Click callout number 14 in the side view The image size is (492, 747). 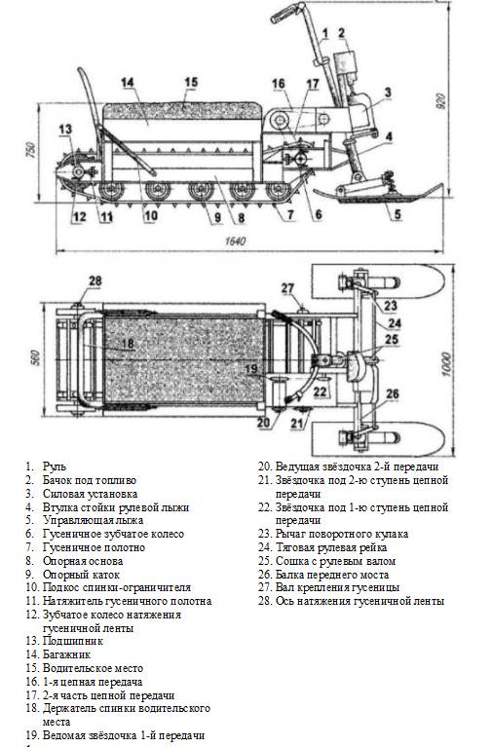click(128, 83)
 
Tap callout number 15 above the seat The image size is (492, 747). click(191, 82)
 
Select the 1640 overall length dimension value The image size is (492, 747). click(235, 242)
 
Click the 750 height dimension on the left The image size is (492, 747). click(30, 151)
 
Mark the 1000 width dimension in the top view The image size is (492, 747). click(445, 364)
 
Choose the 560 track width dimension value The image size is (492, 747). click(35, 357)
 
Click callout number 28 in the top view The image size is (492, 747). click(95, 280)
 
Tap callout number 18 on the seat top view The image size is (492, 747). click(128, 343)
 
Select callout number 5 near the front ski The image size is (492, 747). click(397, 214)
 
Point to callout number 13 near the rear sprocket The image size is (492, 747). click(65, 129)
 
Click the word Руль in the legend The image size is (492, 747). click(55, 467)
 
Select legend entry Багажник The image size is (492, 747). click(66, 654)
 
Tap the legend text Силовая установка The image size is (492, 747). click(90, 494)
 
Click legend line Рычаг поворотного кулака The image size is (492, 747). click(342, 534)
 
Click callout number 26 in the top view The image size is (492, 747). click(392, 393)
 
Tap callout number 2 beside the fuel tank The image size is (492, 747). click(341, 33)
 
